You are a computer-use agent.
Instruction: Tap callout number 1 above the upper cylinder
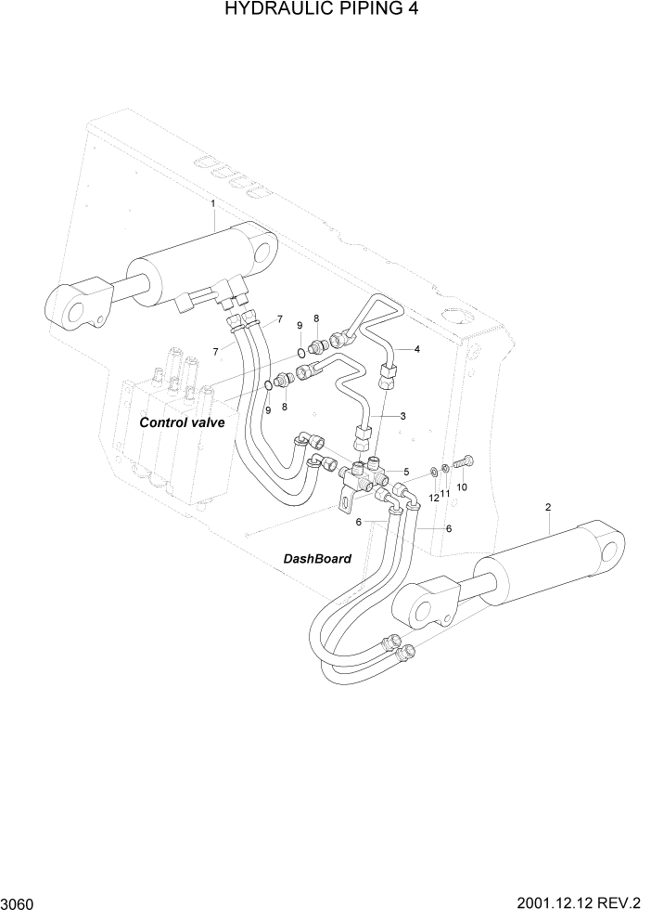(212, 202)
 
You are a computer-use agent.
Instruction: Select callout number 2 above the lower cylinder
(548, 507)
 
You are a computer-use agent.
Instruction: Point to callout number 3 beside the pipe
(402, 416)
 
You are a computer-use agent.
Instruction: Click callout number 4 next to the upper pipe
(417, 349)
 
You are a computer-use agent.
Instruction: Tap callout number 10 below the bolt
(462, 486)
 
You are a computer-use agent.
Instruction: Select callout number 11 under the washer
(445, 493)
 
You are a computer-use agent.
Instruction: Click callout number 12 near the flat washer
(432, 499)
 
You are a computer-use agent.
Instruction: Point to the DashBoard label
(317, 559)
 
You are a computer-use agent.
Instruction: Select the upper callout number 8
(316, 318)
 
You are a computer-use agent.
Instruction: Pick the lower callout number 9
(268, 409)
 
